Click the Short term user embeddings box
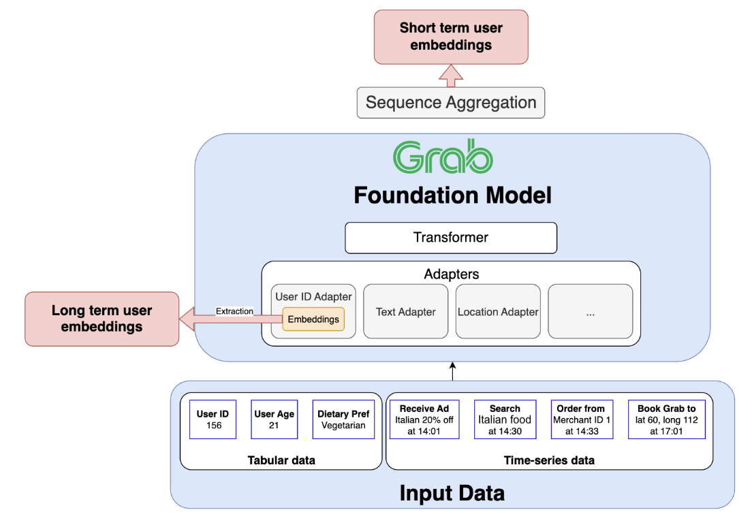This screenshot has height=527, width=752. point(451,37)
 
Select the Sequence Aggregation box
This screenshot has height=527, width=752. point(451,103)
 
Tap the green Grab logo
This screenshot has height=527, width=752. point(443,157)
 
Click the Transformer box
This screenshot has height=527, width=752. point(451,238)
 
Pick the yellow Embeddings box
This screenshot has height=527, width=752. point(313,319)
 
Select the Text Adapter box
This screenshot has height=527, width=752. point(406,311)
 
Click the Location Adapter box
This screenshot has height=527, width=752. point(498,311)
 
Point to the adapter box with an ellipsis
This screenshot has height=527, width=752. point(591,311)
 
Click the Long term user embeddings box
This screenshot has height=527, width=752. point(101,319)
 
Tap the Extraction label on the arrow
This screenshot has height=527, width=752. point(234,311)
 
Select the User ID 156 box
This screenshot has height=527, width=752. point(213,419)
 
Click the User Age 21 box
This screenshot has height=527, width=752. point(275,419)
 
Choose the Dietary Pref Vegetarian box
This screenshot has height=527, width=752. point(343,419)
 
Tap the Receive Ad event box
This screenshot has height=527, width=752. point(424,419)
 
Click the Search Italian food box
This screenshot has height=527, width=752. point(505,419)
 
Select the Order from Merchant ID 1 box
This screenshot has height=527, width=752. point(582,419)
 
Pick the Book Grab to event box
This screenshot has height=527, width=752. point(667,419)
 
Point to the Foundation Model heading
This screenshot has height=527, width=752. point(453,195)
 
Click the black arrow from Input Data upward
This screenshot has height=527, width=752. point(452,372)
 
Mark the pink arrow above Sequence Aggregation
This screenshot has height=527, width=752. point(451,76)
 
